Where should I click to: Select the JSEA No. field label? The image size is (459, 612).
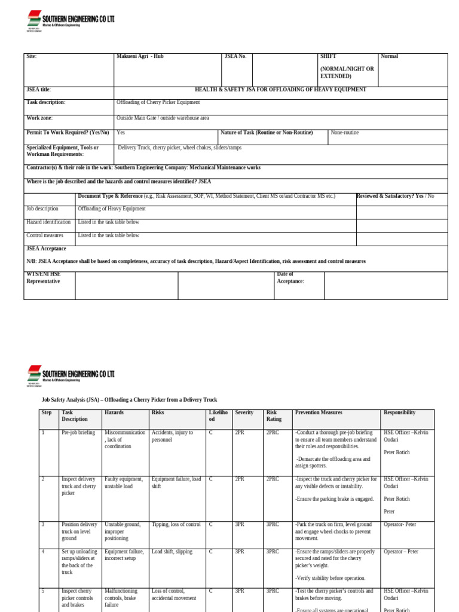[x=235, y=57]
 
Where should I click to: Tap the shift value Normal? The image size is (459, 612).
[x=389, y=57]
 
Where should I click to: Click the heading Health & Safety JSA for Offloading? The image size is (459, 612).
[x=280, y=90]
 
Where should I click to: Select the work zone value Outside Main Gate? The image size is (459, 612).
[x=163, y=118]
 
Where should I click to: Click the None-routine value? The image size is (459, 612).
[x=345, y=133]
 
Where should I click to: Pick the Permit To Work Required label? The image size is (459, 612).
[x=68, y=133]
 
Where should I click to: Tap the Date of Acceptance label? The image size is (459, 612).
[x=290, y=278]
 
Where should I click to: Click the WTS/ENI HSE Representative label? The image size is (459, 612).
[x=44, y=278]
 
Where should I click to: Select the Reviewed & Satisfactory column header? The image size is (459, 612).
[x=395, y=196]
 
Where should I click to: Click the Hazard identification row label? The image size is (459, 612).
[x=48, y=222]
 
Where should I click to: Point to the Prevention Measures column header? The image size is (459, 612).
[x=319, y=413]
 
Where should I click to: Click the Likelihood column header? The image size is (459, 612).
[x=218, y=416]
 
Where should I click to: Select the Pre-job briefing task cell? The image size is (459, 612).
[x=78, y=433]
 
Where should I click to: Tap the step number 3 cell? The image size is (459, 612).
[x=42, y=525]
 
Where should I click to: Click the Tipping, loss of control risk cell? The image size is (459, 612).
[x=176, y=525]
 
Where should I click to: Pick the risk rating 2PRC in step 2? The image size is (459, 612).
[x=273, y=479]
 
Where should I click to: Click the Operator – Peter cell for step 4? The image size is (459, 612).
[x=400, y=552]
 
